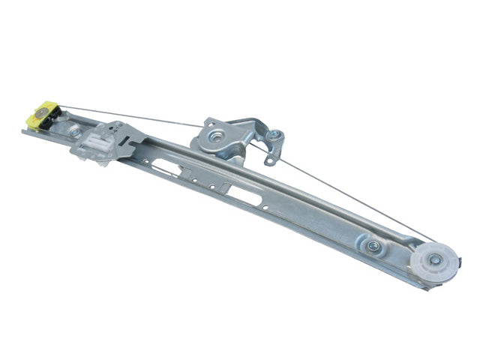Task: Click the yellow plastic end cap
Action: coord(34,116)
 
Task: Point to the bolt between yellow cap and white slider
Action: coord(75,132)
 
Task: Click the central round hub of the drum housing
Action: coord(216,136)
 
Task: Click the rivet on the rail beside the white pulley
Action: coord(373,245)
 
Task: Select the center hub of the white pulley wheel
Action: coord(433,261)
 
